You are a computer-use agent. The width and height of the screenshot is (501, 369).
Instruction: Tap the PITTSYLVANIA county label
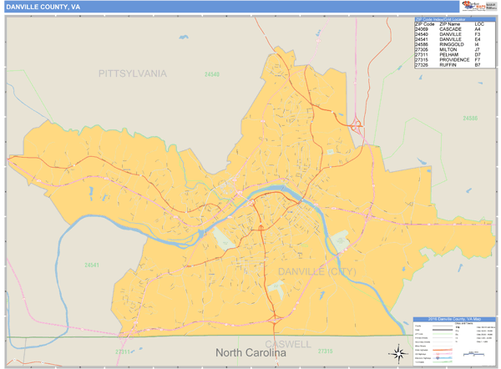point(132,73)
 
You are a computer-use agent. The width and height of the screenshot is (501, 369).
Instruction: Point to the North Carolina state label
point(250,352)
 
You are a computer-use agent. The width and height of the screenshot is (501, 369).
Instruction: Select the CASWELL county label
point(288,343)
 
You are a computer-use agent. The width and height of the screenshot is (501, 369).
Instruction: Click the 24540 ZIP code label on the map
point(212,75)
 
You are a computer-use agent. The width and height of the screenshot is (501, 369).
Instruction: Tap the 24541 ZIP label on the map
point(92,265)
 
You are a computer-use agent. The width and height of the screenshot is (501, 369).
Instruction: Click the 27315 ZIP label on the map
point(325,351)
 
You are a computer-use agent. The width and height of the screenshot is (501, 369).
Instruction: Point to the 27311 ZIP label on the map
point(123,351)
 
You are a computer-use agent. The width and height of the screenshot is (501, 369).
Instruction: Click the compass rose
point(394,351)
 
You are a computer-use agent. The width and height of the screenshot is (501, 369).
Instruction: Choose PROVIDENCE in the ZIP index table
point(455,60)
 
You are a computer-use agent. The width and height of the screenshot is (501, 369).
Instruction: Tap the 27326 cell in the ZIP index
point(422,65)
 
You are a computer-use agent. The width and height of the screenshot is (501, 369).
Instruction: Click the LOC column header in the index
point(478,24)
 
